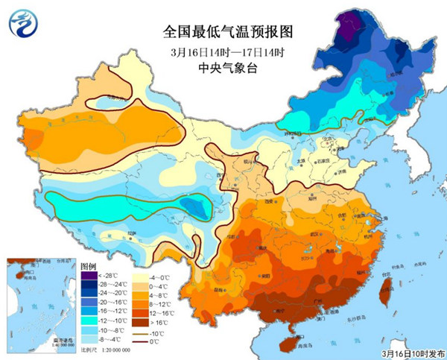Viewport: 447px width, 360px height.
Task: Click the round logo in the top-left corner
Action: [25, 25]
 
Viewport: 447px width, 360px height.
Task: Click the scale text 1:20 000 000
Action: [111, 349]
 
